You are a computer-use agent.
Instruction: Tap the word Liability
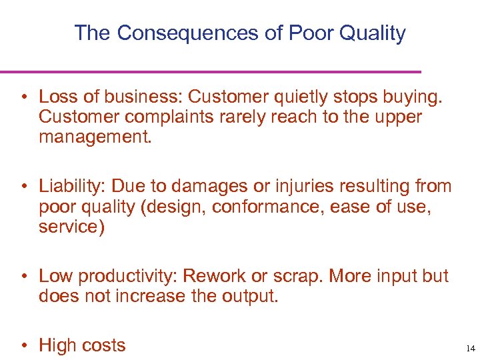click(69, 187)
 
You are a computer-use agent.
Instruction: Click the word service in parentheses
click(69, 227)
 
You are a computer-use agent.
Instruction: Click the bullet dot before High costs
click(24, 345)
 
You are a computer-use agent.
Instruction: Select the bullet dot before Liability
click(24, 187)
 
